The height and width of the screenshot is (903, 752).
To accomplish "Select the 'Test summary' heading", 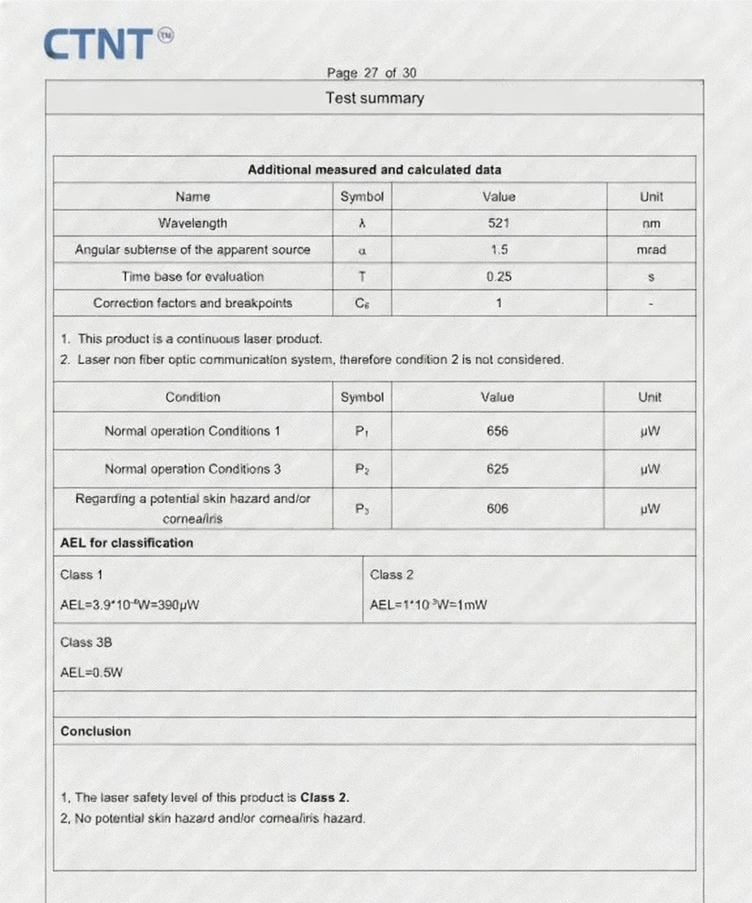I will tap(375, 98).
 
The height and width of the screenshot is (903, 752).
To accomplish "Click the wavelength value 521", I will tap(499, 223).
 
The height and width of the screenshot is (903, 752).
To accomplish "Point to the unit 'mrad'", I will tap(651, 250).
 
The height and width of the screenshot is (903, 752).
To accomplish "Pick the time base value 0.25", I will tap(499, 276).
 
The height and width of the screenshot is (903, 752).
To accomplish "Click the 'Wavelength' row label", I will tap(192, 223).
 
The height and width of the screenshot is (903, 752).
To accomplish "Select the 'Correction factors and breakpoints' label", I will tap(192, 303).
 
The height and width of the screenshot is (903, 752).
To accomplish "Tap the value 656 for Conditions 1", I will tap(497, 431).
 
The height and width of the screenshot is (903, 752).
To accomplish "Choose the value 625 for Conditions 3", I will tap(497, 469).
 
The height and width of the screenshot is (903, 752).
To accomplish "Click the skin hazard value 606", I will tap(497, 508).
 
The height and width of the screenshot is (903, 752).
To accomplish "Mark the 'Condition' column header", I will tap(192, 397).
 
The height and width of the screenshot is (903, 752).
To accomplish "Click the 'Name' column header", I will tap(192, 196).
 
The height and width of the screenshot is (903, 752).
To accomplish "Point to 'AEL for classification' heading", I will tap(126, 543).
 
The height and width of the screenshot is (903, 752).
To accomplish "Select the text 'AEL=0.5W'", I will tap(91, 672).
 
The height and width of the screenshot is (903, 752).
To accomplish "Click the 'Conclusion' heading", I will tap(95, 731).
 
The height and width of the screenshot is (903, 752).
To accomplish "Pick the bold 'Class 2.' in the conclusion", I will tap(325, 797).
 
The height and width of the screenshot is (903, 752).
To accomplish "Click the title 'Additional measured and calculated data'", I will tap(375, 170).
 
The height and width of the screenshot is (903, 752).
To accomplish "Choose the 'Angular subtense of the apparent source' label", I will tap(192, 250).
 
